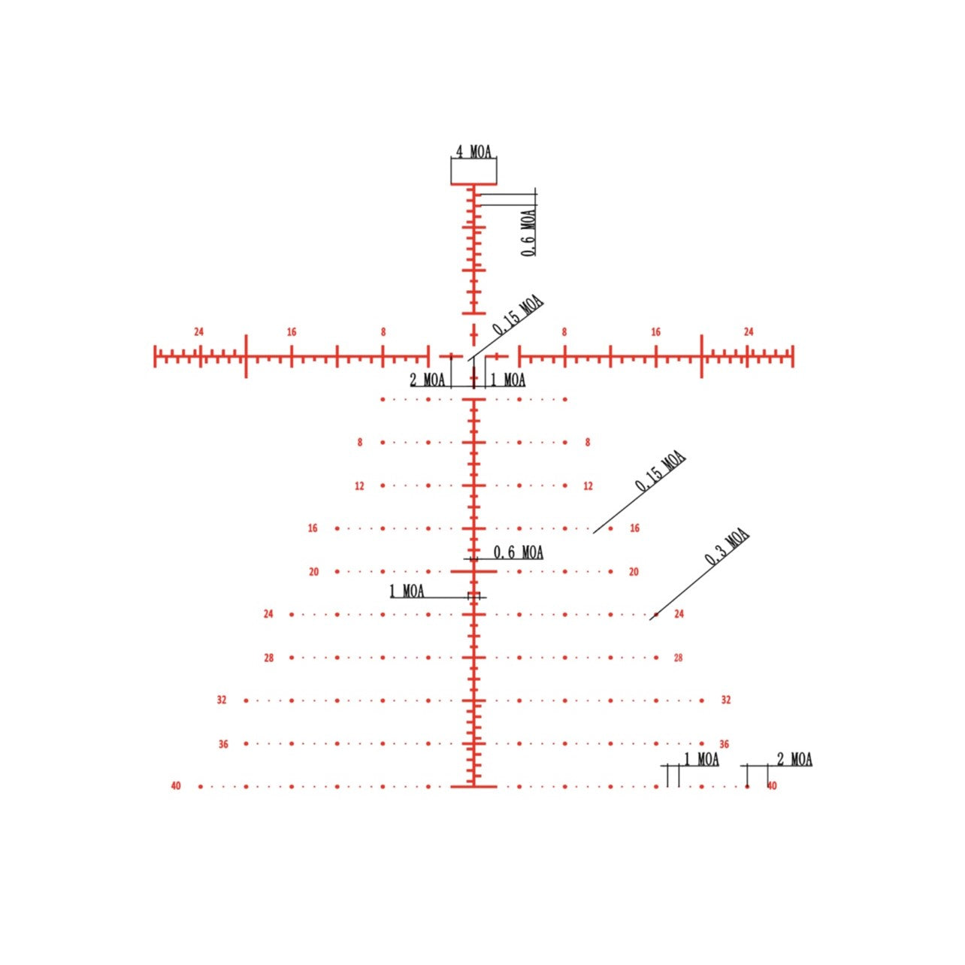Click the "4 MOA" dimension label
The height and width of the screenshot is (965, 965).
click(x=473, y=151)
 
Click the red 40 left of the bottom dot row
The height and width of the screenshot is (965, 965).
click(x=176, y=785)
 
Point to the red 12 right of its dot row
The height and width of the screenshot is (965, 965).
click(x=588, y=486)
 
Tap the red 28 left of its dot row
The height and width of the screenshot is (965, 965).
click(x=269, y=658)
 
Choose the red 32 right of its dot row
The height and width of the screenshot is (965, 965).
click(x=726, y=700)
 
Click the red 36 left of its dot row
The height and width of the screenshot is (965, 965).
click(x=223, y=744)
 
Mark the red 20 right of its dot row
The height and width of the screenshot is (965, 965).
click(x=634, y=572)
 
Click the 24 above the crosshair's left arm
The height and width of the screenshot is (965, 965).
click(x=199, y=331)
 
